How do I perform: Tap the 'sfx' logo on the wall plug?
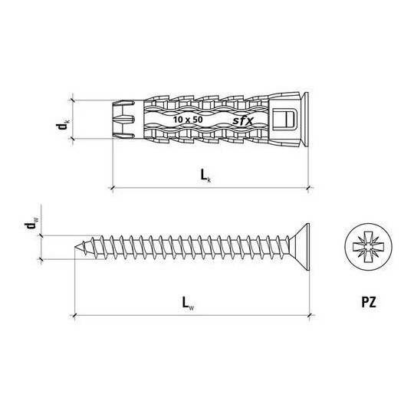pyautogui.click(x=243, y=120)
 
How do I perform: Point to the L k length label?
pyautogui.click(x=206, y=176)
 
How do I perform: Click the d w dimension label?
pyautogui.click(x=31, y=225)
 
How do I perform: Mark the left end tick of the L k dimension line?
pyautogui.click(x=113, y=186)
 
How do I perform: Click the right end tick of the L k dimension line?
pyautogui.click(x=308, y=186)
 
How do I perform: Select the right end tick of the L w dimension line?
pyautogui.click(x=311, y=314)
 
